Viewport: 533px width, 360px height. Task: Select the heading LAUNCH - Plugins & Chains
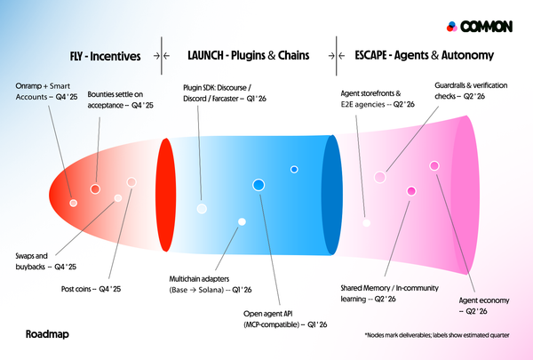pos(249,55)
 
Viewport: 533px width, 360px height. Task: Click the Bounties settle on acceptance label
pos(120,99)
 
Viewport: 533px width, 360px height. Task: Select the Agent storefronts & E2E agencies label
pos(378,98)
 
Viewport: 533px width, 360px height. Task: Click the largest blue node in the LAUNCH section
pos(259,184)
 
